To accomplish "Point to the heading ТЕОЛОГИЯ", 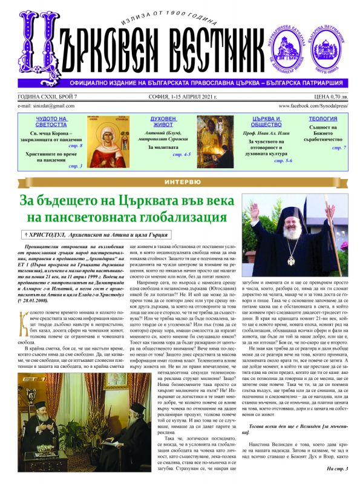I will pos(324,120).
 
